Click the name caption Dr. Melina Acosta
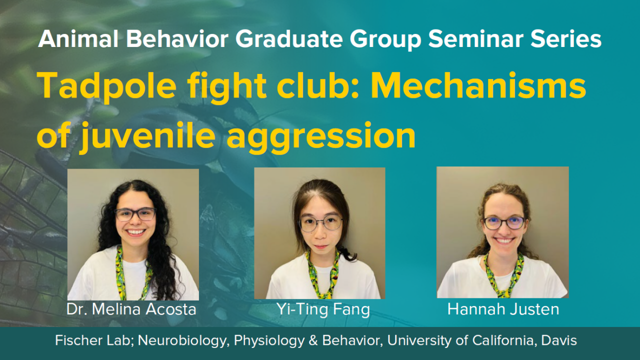tap(131, 309)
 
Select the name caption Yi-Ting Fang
tap(323, 309)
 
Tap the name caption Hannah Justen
tap(503, 309)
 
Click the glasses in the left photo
tap(135, 214)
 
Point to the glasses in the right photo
tap(503, 222)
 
